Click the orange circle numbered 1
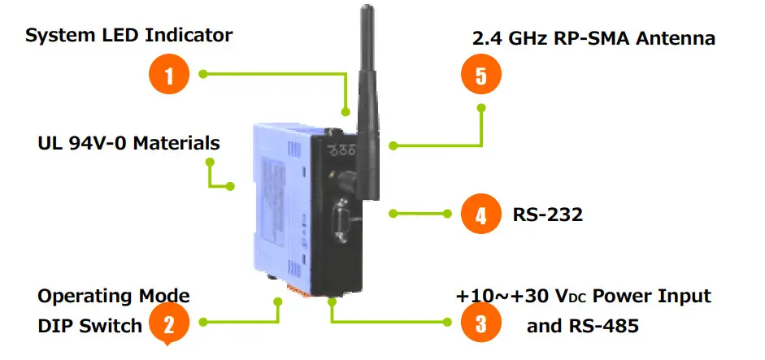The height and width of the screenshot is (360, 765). coord(169,76)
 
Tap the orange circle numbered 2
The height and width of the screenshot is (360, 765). coord(168,324)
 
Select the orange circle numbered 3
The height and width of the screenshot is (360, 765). coord(480,324)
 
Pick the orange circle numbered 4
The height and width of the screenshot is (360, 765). coord(480,215)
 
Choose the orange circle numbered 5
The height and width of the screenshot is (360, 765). coord(480,76)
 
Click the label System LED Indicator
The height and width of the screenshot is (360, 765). coord(128,36)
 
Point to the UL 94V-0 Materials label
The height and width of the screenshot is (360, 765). coord(128,143)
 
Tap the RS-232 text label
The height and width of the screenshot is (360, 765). coord(548,215)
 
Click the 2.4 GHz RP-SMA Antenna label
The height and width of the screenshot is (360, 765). coord(593,38)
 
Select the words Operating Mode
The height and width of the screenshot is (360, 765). coord(114,296)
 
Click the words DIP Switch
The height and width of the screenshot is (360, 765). coord(89,325)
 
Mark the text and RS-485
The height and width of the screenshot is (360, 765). coord(582,326)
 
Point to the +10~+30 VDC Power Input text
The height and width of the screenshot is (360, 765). coord(584,296)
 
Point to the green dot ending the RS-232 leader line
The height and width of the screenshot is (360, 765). coord(393,214)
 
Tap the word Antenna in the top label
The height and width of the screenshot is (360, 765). coord(676,38)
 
